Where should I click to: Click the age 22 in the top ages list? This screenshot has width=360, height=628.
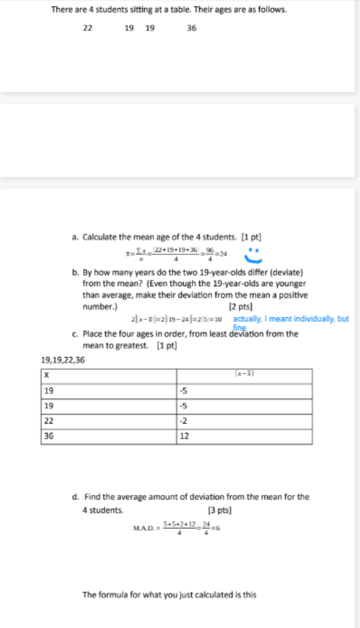click(87, 28)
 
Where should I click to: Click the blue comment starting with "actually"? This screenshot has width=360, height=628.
click(291, 318)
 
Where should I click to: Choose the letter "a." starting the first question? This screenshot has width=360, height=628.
click(76, 236)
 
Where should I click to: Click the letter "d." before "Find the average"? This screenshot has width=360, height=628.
click(76, 497)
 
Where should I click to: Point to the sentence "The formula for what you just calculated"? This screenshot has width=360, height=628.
click(169, 595)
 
